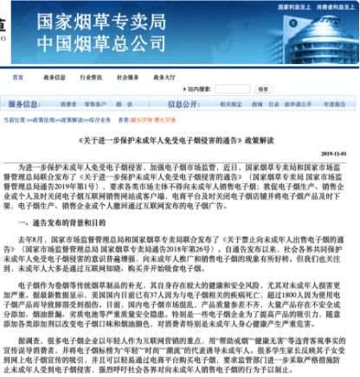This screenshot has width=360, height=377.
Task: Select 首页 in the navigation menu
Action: (x=18, y=78)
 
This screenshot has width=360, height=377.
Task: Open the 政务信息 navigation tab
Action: (x=56, y=78)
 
